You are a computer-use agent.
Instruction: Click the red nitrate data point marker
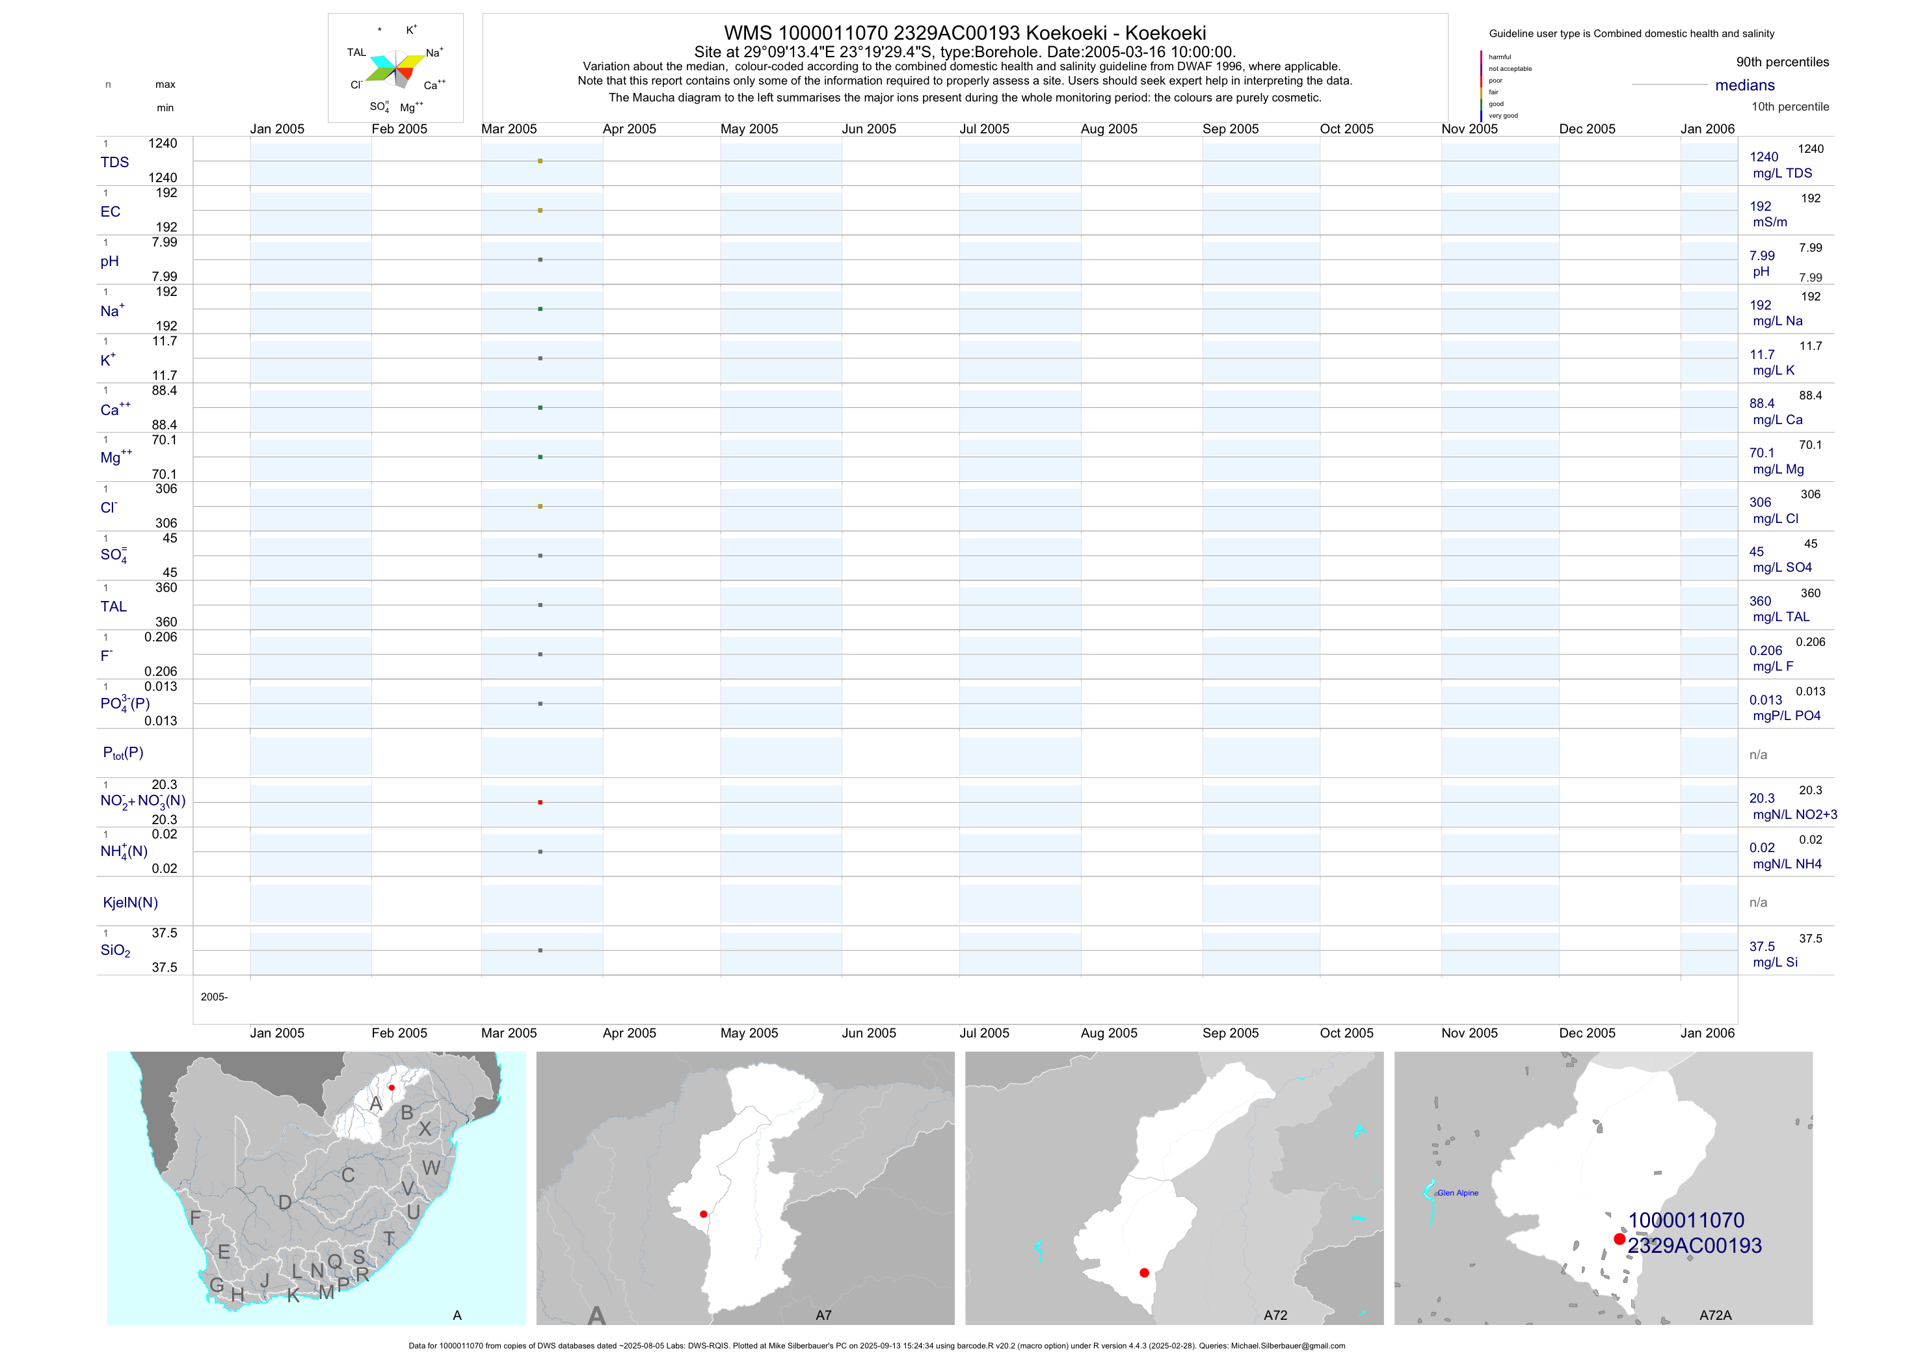click(x=540, y=803)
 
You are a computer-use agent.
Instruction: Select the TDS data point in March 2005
click(x=540, y=161)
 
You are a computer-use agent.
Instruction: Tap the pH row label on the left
click(x=109, y=261)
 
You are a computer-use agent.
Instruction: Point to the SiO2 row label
click(x=115, y=950)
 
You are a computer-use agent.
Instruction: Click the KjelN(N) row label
click(x=130, y=903)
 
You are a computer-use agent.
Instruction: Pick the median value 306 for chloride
click(x=1760, y=502)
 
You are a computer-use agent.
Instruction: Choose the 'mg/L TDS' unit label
click(x=1782, y=173)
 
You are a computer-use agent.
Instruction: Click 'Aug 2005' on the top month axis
click(x=1108, y=129)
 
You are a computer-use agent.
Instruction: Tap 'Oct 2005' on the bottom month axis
click(x=1346, y=1033)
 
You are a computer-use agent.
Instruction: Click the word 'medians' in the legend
click(x=1745, y=85)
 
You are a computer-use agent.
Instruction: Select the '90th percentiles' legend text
click(x=1782, y=62)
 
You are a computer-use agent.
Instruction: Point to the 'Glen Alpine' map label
click(x=1458, y=1193)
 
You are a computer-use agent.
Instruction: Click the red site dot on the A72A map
click(x=1619, y=1239)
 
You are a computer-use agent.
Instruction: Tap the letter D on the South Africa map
click(x=285, y=1203)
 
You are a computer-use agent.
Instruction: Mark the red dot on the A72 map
click(x=1144, y=1272)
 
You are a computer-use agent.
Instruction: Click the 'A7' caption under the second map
click(x=823, y=1315)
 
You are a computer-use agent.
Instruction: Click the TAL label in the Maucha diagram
click(x=356, y=52)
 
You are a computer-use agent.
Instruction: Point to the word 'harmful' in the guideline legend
click(x=1500, y=57)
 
